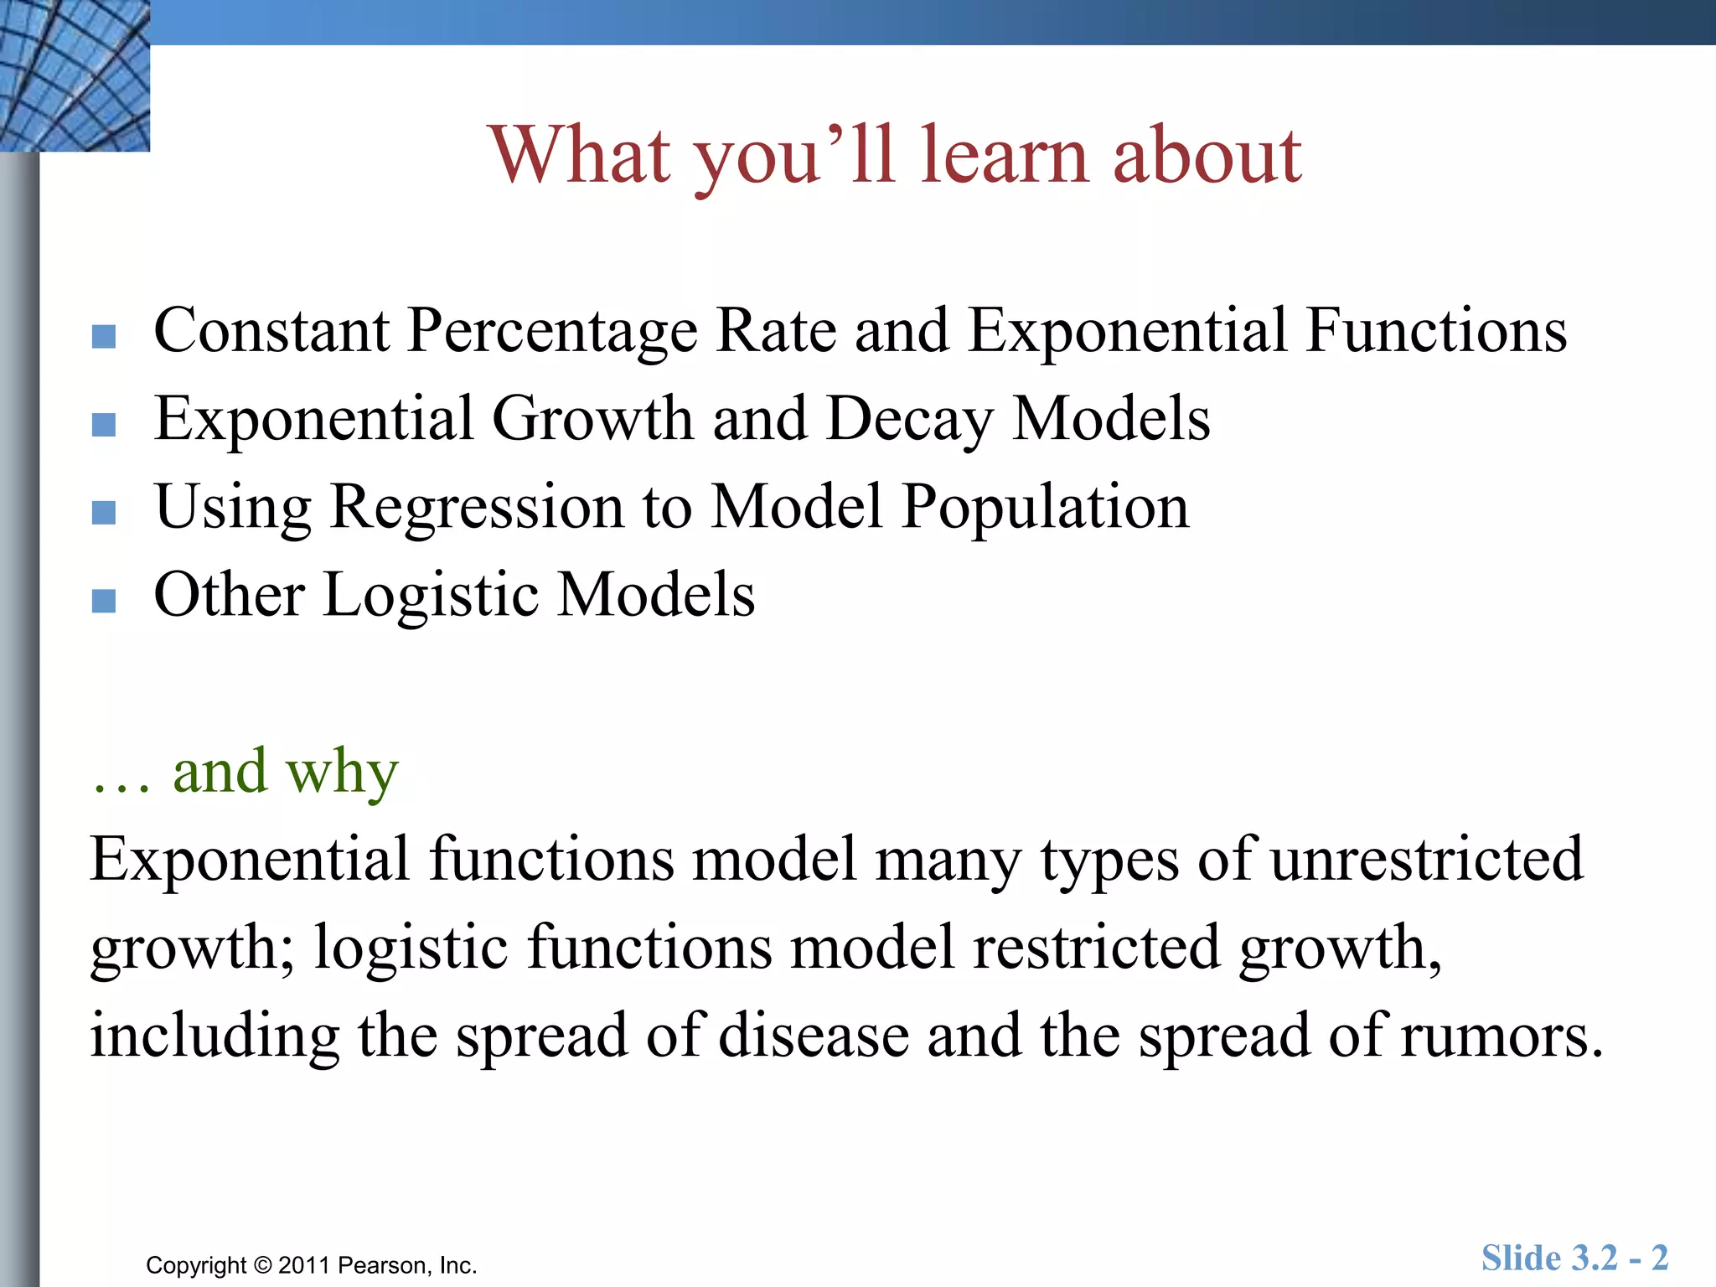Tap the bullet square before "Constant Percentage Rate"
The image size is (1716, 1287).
pos(104,336)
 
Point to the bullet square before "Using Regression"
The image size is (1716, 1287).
pos(104,512)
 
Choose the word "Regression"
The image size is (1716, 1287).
pos(477,508)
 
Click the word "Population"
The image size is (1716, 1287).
pos(1045,508)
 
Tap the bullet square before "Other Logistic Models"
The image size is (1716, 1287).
pos(104,600)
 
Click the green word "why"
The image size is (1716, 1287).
pos(341,772)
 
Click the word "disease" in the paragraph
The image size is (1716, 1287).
pos(814,1036)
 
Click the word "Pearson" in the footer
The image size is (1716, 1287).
pos(385,1265)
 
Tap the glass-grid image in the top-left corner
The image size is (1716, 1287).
pos(75,75)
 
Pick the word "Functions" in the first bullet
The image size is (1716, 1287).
pos(1435,331)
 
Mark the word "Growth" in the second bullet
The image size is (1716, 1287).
pos(592,419)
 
